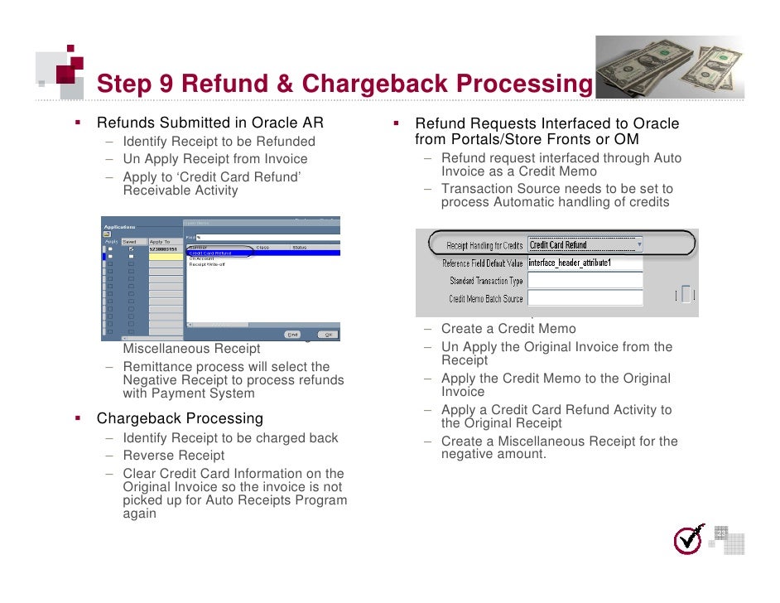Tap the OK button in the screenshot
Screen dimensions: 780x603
(x=328, y=335)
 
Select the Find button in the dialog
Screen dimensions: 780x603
(x=292, y=335)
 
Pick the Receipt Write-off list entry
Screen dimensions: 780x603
(x=208, y=264)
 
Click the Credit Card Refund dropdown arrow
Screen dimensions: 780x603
(x=638, y=244)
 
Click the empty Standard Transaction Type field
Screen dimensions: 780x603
(x=585, y=281)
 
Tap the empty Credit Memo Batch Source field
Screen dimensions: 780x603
(x=585, y=298)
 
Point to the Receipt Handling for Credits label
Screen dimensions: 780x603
(x=484, y=245)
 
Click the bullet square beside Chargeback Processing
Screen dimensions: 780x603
(x=77, y=418)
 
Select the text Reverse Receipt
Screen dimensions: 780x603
(x=173, y=456)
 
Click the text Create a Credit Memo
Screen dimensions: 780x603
(x=508, y=329)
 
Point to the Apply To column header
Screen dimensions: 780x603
(x=160, y=241)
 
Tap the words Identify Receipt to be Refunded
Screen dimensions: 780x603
(x=219, y=142)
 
